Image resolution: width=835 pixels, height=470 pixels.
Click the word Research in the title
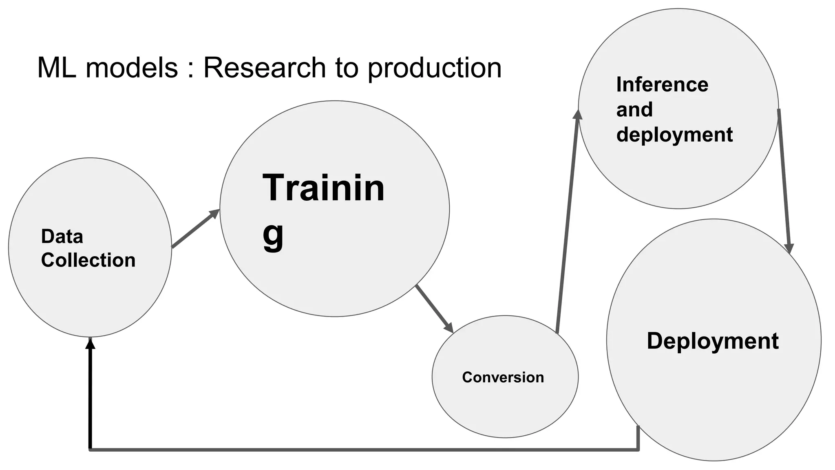point(264,68)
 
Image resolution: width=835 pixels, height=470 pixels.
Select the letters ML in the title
point(56,68)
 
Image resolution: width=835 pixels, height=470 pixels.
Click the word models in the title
point(132,68)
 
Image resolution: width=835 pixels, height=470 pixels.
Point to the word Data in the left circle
point(62,237)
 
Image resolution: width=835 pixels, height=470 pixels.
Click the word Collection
point(88,260)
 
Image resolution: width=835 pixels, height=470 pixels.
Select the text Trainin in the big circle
point(323,188)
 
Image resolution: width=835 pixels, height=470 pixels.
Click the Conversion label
point(503,377)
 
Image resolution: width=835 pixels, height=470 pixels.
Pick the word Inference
point(662,85)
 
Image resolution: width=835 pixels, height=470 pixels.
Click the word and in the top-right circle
point(634,110)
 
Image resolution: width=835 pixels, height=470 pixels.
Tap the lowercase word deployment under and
point(674,135)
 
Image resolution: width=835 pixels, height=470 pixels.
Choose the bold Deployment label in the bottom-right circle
point(713,341)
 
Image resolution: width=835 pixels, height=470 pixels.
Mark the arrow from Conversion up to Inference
point(567,222)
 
